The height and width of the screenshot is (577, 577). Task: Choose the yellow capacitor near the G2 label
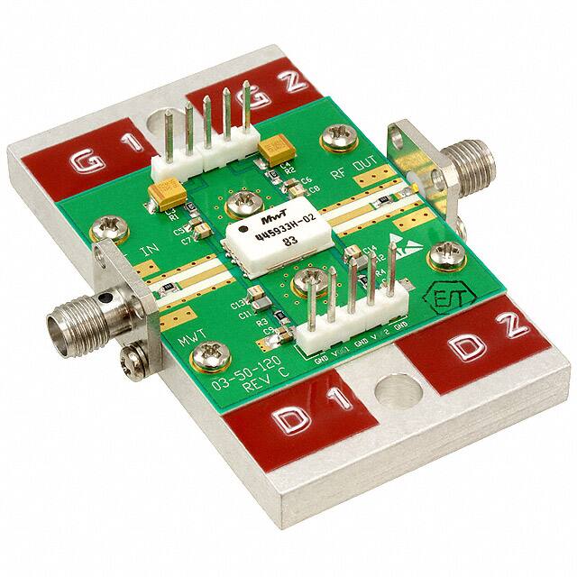point(270,148)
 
